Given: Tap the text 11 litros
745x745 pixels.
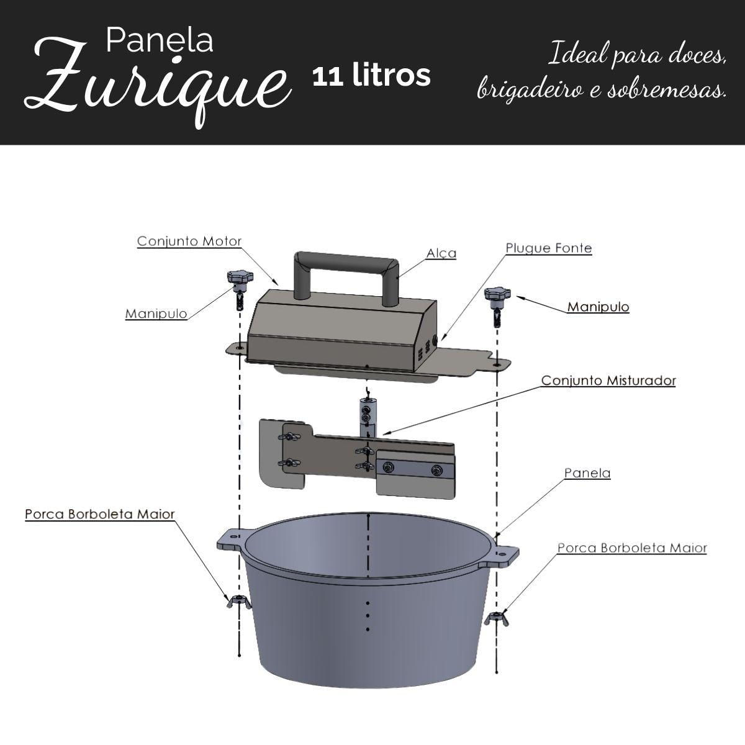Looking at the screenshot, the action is [371, 76].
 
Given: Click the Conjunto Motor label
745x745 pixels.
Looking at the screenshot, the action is [189, 242].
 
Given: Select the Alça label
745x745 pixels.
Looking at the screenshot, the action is [441, 254].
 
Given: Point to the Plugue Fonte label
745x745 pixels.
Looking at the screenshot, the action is [549, 248].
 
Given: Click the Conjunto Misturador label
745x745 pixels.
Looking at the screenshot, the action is [608, 381].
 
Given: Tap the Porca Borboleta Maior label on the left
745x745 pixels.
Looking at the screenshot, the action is [100, 515].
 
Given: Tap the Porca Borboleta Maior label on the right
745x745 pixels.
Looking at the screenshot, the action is [632, 548].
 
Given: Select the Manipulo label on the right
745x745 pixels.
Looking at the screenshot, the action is [598, 307].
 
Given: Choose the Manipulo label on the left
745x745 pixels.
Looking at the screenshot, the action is [156, 314].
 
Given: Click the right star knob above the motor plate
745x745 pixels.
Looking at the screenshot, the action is [497, 295].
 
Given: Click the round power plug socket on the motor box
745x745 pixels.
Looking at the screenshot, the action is [436, 341].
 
